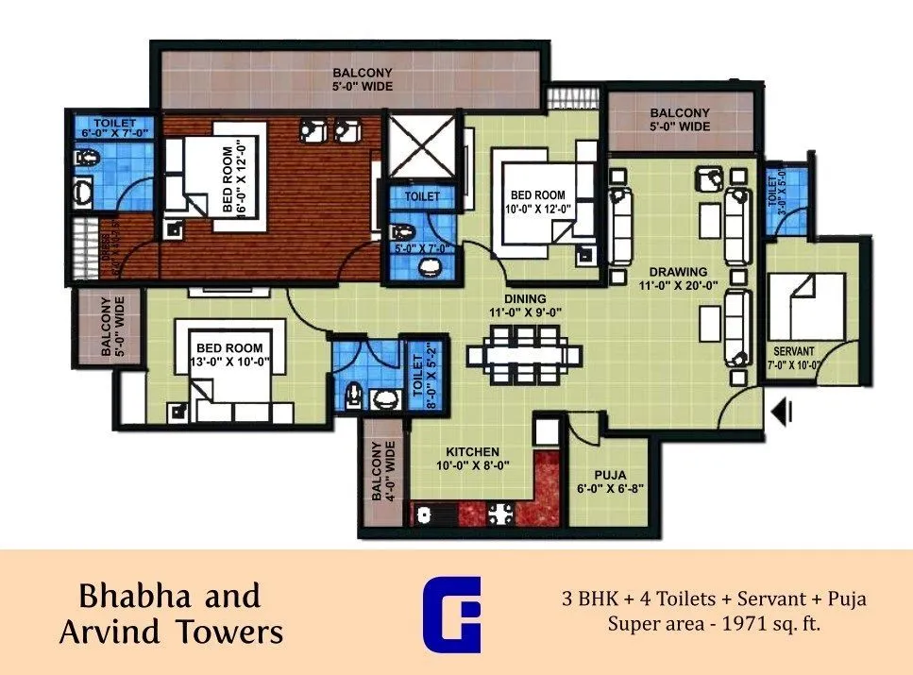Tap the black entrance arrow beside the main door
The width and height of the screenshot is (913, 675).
(783, 412)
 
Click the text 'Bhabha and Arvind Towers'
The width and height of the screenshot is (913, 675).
(170, 614)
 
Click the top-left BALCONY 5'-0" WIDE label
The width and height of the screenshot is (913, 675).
(362, 79)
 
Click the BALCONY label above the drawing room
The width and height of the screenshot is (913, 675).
(680, 119)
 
